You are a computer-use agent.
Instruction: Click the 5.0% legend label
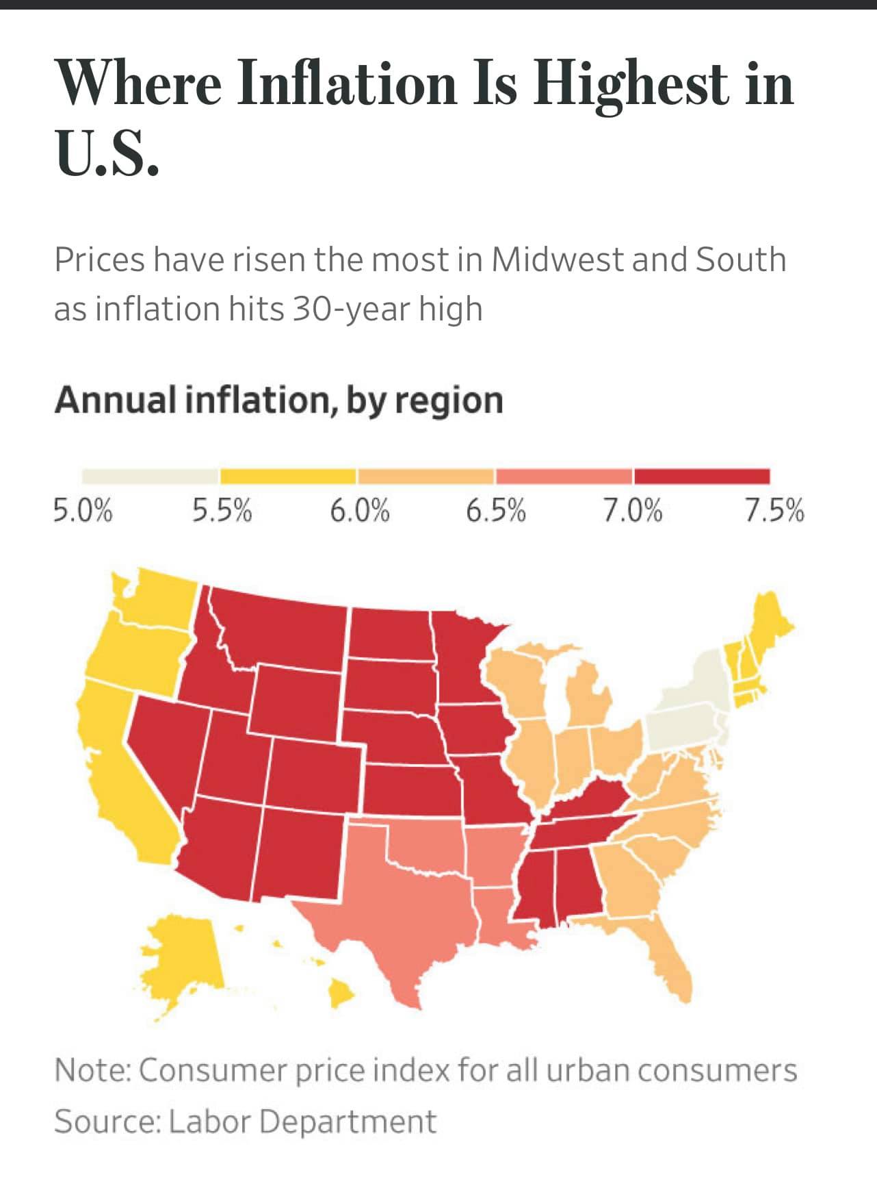coord(83,511)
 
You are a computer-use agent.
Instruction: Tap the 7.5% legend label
coord(774,511)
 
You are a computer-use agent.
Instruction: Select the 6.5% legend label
coord(496,511)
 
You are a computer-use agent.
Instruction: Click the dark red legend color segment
coord(701,476)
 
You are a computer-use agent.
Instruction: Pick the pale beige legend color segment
coord(150,476)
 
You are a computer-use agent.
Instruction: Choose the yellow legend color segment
coord(288,476)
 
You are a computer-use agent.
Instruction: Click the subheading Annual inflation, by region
coord(278,400)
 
